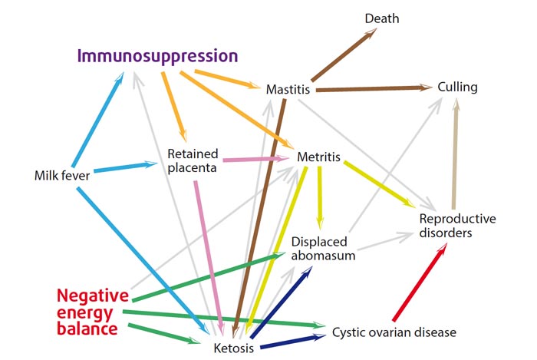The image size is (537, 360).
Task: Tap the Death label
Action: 382,18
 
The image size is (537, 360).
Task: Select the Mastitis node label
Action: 288,89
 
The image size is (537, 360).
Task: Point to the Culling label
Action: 457,87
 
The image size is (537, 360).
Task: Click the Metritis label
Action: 319,157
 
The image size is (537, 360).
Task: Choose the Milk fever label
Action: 62,175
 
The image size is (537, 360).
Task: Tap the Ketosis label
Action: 234,348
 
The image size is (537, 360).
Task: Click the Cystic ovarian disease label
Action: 394,332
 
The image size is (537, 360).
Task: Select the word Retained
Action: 193,154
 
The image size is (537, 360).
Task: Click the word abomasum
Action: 323,256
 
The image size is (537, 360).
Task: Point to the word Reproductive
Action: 457,219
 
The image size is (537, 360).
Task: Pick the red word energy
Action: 84,313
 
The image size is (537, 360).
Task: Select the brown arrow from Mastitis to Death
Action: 344,54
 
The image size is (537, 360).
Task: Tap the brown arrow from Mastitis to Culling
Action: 374,88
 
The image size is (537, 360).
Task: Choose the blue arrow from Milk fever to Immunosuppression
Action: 97,120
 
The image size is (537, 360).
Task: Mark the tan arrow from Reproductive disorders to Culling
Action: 455,154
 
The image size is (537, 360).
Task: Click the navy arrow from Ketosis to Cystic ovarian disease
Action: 293,342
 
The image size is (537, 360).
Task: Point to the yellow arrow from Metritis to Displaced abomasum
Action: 320,198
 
